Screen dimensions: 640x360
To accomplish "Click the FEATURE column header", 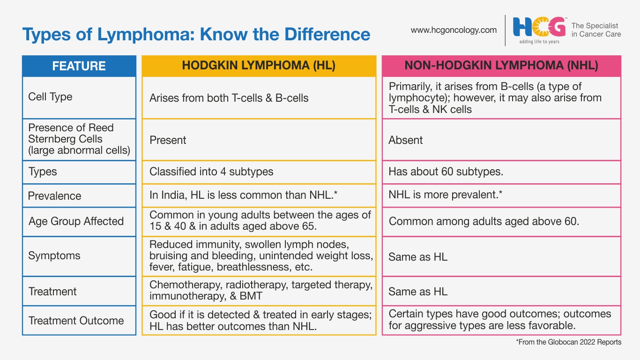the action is point(79,66).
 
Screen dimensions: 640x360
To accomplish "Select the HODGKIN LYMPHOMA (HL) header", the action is point(259,66).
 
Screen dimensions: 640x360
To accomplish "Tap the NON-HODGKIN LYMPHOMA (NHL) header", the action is point(501,66).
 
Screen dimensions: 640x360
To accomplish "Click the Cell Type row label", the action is point(50,97).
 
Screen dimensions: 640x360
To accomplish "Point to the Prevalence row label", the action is point(54,196).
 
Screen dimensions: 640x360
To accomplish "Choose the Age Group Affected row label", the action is point(76,221).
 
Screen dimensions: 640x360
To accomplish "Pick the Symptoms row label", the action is point(54,255).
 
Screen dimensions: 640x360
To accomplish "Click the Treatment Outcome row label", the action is point(76,321).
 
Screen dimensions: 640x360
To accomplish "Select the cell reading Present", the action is point(168,140).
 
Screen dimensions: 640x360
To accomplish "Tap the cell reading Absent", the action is point(405,140).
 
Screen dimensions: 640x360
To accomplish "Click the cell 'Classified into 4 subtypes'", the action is point(211,172).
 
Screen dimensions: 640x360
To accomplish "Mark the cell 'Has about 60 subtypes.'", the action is point(446,172).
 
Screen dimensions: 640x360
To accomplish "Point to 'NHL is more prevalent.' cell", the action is point(445,195).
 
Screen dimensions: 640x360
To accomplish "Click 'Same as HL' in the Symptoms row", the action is point(418,257).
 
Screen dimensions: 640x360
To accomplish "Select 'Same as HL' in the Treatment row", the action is point(418,292).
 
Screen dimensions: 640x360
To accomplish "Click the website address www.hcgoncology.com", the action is point(454,30).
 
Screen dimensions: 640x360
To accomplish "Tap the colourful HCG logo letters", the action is point(539,27).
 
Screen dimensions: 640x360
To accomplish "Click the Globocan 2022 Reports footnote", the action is point(569,342).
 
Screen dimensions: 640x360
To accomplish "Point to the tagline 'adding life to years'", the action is point(539,42).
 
